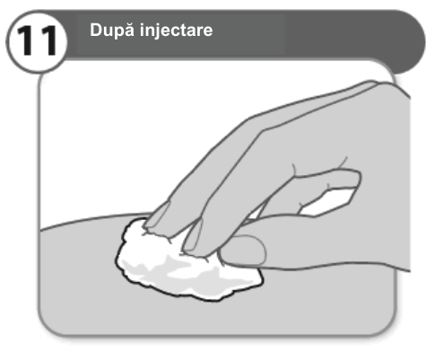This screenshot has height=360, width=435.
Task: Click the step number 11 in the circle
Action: (x=37, y=41)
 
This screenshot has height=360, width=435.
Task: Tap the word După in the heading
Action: (x=112, y=30)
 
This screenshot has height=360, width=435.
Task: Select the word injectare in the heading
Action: (x=177, y=30)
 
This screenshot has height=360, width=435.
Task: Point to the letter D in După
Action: (x=96, y=30)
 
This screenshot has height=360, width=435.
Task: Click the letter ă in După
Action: (x=129, y=30)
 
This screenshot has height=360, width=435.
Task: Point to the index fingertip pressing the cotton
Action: (x=157, y=222)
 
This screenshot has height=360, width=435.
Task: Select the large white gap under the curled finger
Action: (x=329, y=201)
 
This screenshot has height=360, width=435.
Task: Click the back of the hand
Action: (x=344, y=126)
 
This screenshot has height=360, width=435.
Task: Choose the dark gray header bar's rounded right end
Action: (x=412, y=42)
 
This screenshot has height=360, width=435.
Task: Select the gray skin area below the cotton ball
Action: (x=209, y=317)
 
